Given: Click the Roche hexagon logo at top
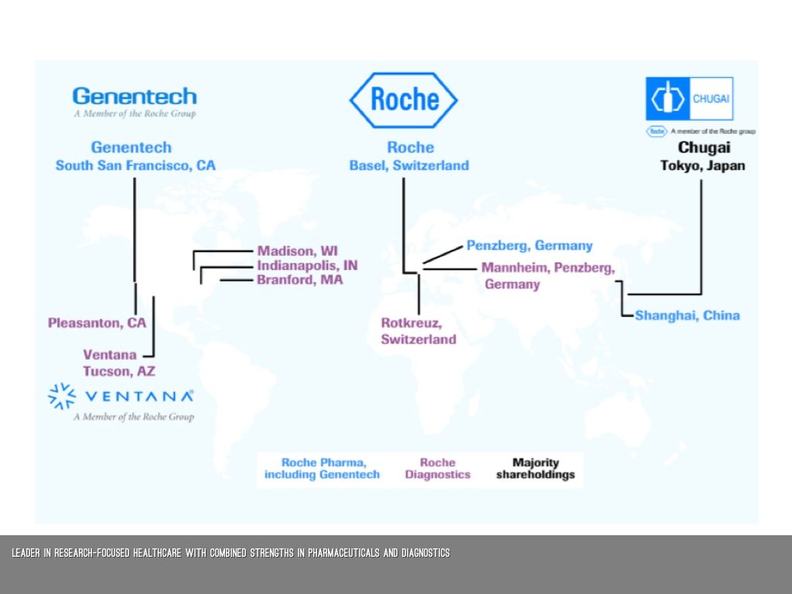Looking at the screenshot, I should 403,100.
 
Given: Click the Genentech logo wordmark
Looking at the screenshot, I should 135,97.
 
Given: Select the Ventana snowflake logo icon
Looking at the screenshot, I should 62,395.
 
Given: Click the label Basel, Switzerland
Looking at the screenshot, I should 409,166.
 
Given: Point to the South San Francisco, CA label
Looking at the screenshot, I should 135,166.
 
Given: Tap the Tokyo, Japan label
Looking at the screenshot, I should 702,166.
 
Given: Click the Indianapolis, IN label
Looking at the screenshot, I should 307,265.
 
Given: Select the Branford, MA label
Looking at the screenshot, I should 299,280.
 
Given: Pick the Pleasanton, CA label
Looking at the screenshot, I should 97,323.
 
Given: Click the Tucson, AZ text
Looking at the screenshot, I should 119,371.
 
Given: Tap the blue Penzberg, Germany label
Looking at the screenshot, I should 529,246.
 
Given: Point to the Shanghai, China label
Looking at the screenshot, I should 687,316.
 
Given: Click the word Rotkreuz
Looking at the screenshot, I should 411,323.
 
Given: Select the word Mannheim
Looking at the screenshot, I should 514,268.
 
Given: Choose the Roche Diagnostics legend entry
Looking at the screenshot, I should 437,469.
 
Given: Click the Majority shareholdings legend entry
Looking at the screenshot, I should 535,469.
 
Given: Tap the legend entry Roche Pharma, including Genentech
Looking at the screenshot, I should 322,469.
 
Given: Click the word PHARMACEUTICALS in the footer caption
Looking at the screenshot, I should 349,553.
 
